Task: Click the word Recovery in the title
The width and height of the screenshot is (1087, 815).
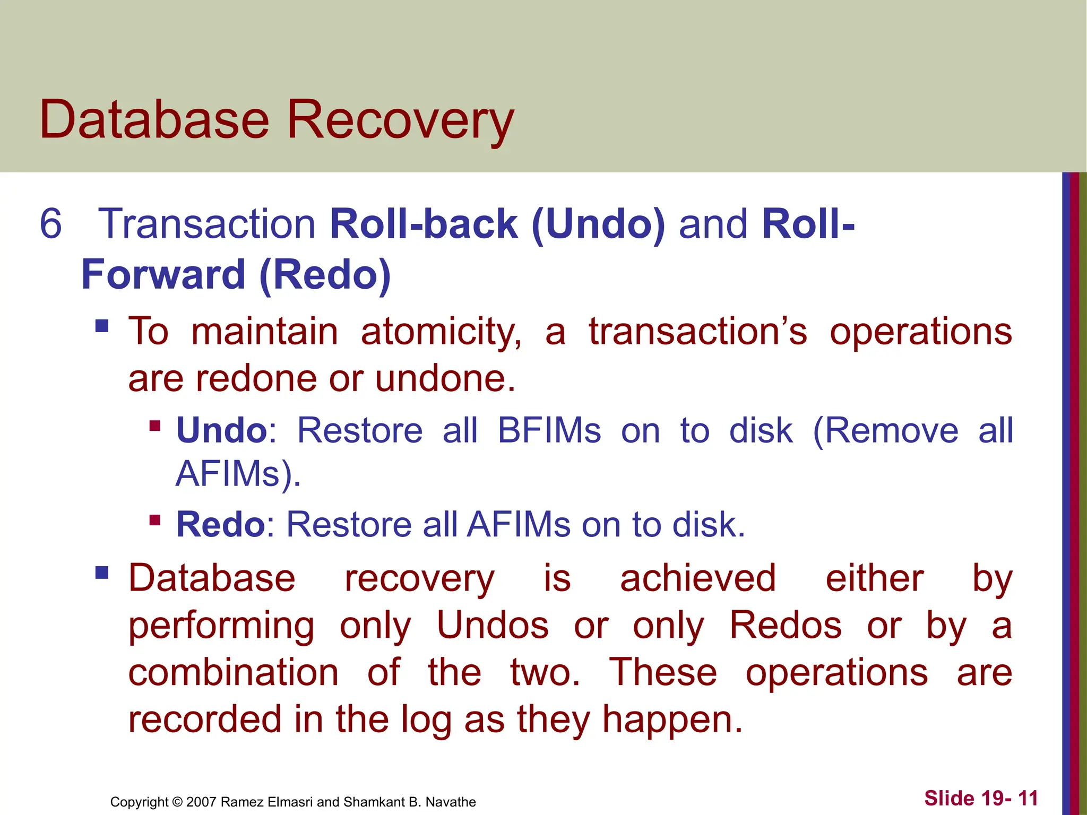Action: pos(400,121)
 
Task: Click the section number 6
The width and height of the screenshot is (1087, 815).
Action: pos(51,224)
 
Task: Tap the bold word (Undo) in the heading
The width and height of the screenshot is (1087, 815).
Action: pos(598,224)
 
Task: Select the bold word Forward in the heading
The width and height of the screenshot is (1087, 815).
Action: pos(163,275)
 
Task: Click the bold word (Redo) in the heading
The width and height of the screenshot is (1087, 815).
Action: pos(325,275)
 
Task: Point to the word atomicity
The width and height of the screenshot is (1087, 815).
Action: pos(441,332)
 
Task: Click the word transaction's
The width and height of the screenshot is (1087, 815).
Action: pos(697,332)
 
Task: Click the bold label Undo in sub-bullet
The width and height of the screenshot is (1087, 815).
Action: pos(222,430)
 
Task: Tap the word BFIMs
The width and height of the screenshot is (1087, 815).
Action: pos(549,430)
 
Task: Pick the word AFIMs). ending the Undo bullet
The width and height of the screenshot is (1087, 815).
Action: pos(238,473)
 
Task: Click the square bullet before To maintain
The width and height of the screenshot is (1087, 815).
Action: pos(102,325)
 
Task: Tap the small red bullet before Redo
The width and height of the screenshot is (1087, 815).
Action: pos(155,519)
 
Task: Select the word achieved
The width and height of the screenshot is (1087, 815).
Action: pos(697,578)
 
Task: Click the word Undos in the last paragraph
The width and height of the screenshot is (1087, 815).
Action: pos(493,625)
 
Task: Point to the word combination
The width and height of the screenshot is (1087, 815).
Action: pos(234,672)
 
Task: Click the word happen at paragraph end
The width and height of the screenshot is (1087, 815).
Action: pos(667,719)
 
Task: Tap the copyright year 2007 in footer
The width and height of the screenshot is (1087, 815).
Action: pos(201,802)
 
